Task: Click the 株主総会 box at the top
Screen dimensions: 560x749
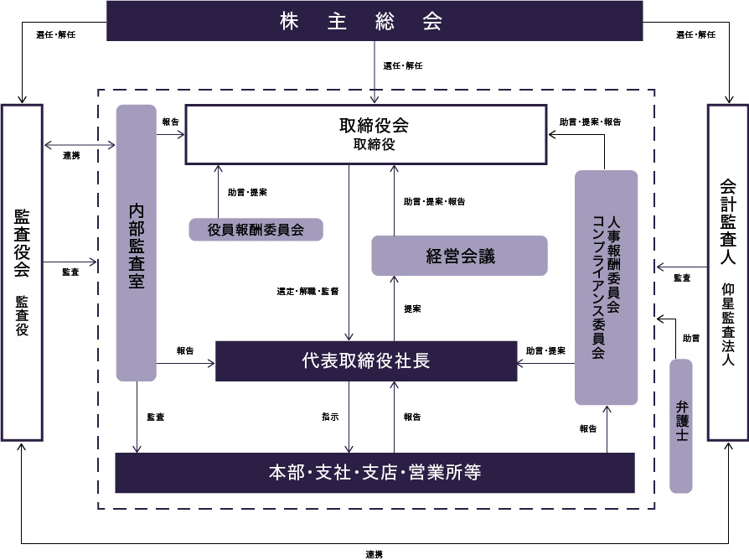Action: [x=374, y=21]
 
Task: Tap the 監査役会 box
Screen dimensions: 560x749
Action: [x=22, y=272]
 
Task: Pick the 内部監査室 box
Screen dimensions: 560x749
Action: [x=137, y=243]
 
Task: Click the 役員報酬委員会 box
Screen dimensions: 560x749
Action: [x=256, y=229]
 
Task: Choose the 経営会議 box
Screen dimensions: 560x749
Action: [x=459, y=256]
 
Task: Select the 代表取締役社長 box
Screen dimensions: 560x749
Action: [x=366, y=361]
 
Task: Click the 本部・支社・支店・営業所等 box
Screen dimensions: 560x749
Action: [x=374, y=473]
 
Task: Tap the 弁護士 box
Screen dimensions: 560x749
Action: [x=681, y=426]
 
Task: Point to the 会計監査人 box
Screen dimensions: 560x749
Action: [x=727, y=272]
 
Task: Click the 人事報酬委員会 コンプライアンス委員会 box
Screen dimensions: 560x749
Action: [x=606, y=288]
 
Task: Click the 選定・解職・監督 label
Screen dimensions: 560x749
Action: [x=307, y=292]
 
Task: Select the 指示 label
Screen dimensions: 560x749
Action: [x=330, y=417]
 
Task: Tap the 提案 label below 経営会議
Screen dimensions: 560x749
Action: [x=412, y=309]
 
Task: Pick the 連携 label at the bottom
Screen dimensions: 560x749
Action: [x=374, y=553]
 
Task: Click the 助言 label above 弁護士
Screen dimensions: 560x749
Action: [x=691, y=339]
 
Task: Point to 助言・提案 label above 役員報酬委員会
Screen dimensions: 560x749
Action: [x=247, y=192]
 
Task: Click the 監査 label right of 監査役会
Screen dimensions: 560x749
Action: [x=71, y=272]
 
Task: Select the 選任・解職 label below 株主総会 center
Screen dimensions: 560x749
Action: [x=403, y=66]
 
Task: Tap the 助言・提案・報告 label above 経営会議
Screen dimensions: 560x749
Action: [x=434, y=202]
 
